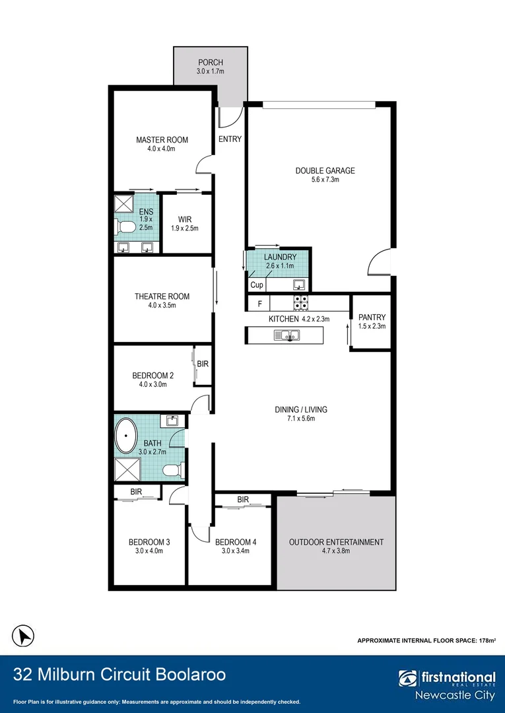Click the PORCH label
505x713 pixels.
[211, 62]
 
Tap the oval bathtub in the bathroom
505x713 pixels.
[126, 435]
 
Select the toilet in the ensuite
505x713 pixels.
[125, 226]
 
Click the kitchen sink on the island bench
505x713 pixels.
[286, 335]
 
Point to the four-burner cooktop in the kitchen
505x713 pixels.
[300, 303]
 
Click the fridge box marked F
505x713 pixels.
[259, 303]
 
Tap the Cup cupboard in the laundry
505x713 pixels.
[257, 285]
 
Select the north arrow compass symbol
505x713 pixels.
[22, 635]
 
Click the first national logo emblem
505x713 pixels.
[408, 679]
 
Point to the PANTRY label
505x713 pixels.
[372, 317]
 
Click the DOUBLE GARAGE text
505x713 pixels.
[325, 170]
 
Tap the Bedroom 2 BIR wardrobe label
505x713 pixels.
[203, 364]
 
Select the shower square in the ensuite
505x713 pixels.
[123, 203]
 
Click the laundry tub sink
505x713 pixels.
[299, 285]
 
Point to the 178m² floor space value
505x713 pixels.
[487, 640]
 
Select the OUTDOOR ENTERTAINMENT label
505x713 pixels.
[337, 542]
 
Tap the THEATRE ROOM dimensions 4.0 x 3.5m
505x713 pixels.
[162, 306]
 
